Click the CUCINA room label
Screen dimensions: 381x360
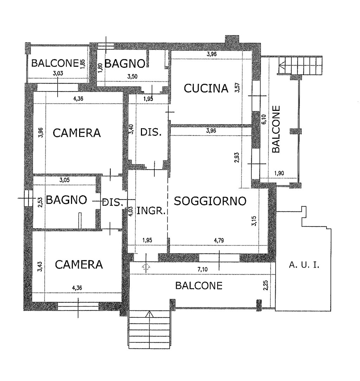pos(206,88)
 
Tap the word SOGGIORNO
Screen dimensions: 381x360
pos(210,201)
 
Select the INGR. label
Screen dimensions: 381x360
pos(151,211)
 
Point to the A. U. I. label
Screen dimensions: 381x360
pos(304,265)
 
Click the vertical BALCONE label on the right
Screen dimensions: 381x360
pos(276,129)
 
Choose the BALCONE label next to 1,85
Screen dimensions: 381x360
pos(54,63)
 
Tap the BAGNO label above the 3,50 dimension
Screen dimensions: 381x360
pos(125,64)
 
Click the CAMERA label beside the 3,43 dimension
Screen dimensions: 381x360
pos(79,264)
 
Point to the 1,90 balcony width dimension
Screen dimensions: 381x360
pos(280,173)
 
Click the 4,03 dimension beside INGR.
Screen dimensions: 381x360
pos(131,211)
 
